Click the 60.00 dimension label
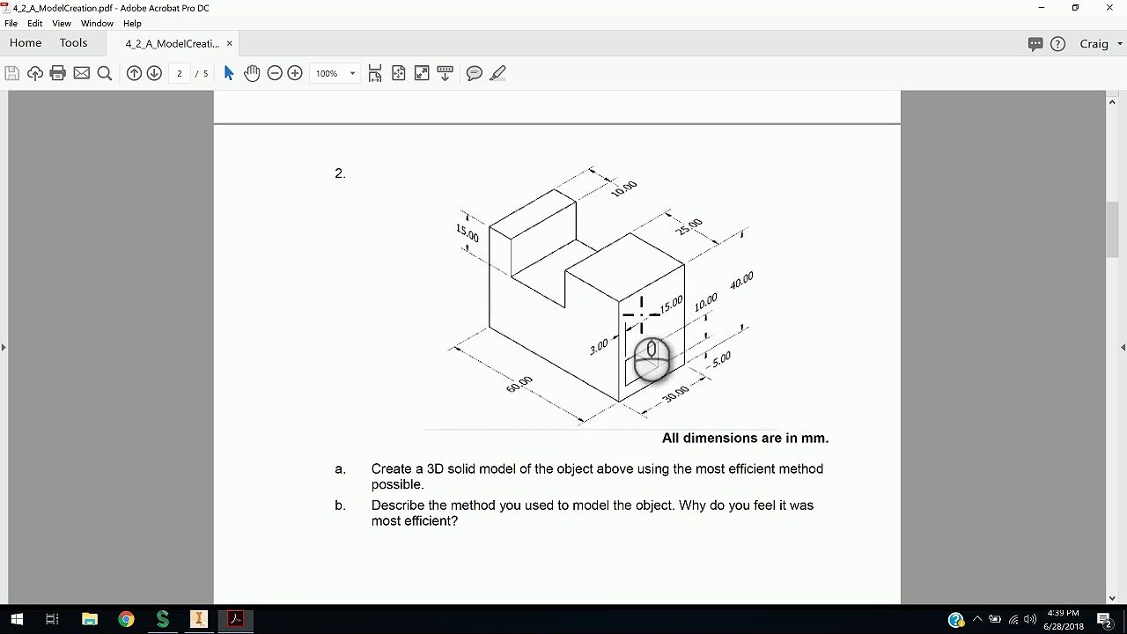pyautogui.click(x=519, y=384)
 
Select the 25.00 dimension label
pyautogui.click(x=689, y=226)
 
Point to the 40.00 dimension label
pyautogui.click(x=741, y=280)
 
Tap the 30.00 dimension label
pyautogui.click(x=675, y=394)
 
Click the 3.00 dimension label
pyautogui.click(x=599, y=347)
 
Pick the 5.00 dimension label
pyautogui.click(x=721, y=359)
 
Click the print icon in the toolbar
pyautogui.click(x=58, y=73)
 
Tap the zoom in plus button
pyautogui.click(x=295, y=73)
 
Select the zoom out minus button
pyautogui.click(x=275, y=73)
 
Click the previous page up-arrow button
pyautogui.click(x=134, y=73)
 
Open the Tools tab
pyautogui.click(x=73, y=43)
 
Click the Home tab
pyautogui.click(x=26, y=43)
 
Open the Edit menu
pyautogui.click(x=34, y=23)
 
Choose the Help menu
pyautogui.click(x=132, y=23)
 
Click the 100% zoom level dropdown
pyautogui.click(x=335, y=73)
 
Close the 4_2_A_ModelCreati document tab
pyautogui.click(x=230, y=44)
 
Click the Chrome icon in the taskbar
pyautogui.click(x=126, y=619)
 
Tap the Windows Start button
pyautogui.click(x=17, y=619)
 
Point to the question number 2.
pyautogui.click(x=340, y=173)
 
